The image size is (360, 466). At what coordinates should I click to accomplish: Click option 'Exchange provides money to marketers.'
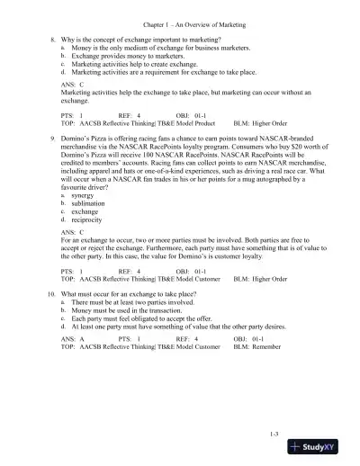point(128,58)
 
